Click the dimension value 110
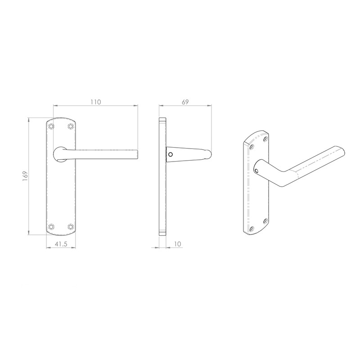point(95,102)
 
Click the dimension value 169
point(25,176)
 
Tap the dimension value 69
point(185,102)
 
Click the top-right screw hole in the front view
point(71,127)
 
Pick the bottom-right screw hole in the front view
point(71,226)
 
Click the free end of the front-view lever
point(136,154)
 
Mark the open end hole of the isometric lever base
point(256,171)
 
